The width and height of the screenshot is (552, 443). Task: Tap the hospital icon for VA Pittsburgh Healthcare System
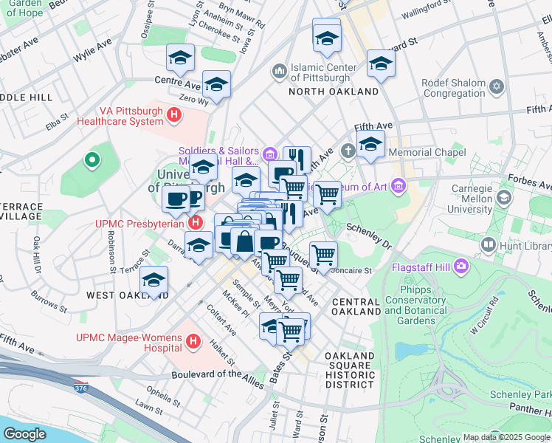coord(174,114)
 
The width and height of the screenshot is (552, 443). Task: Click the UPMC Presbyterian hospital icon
coord(195,222)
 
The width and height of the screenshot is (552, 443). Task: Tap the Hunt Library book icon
coord(488,244)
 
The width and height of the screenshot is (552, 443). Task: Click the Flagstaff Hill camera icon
coord(462,265)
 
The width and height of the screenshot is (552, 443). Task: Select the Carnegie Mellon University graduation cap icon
coord(504,198)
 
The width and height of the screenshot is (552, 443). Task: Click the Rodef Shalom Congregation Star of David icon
coord(497,88)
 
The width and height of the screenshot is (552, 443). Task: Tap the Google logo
coord(25,433)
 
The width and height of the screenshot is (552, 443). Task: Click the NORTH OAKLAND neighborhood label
coord(333,92)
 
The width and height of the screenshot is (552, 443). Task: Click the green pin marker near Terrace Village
coord(92,159)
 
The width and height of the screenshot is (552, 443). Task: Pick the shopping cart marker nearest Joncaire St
coord(323,255)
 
